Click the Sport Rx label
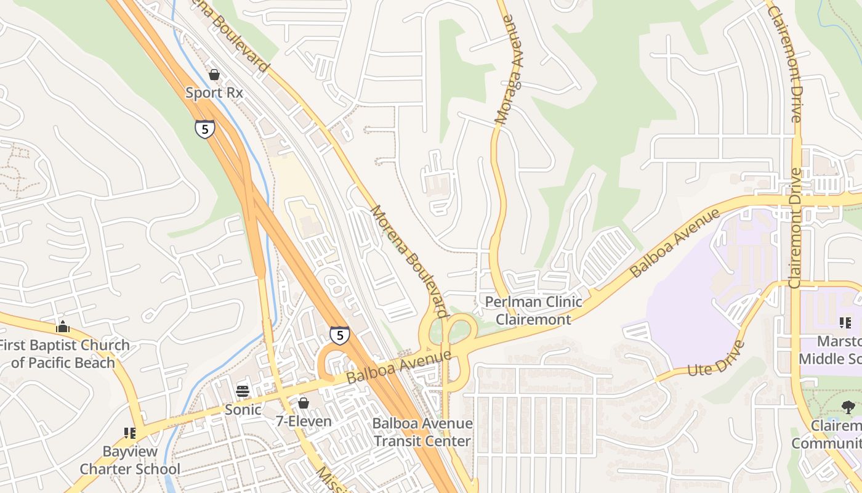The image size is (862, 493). (214, 93)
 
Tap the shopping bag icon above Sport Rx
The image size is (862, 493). (214, 75)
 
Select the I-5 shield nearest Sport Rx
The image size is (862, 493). (205, 129)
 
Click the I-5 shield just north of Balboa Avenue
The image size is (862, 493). (339, 335)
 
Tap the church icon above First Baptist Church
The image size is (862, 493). (63, 327)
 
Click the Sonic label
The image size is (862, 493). (243, 409)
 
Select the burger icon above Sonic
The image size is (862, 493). (243, 391)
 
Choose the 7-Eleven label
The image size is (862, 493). (304, 422)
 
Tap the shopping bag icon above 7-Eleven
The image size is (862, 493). (304, 403)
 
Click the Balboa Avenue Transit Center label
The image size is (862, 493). (422, 432)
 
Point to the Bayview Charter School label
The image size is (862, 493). (130, 460)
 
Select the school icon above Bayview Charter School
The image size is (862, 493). (130, 433)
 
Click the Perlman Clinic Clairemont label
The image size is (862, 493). (533, 310)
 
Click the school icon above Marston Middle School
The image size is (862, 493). (845, 322)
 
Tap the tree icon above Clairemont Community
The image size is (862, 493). (848, 407)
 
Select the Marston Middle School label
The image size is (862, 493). (831, 349)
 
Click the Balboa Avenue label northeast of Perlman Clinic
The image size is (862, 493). (675, 243)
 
